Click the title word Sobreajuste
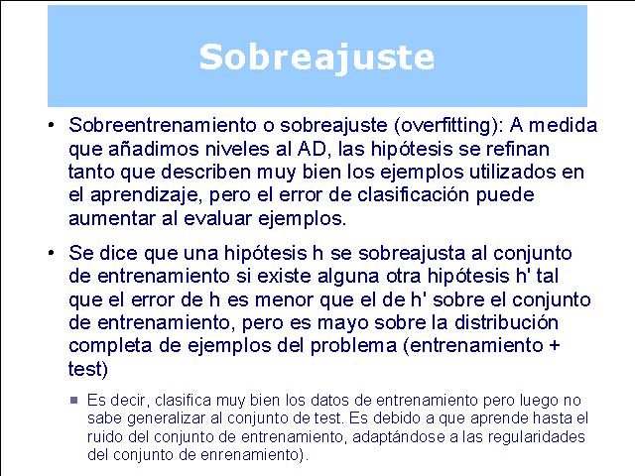(x=317, y=58)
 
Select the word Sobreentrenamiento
(x=163, y=125)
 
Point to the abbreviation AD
(x=312, y=149)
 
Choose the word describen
(x=206, y=172)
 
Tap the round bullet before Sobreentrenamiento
(x=51, y=126)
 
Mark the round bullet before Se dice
(x=51, y=254)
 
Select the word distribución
(x=506, y=322)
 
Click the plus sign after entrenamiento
(x=555, y=346)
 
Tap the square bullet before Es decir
(x=73, y=401)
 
